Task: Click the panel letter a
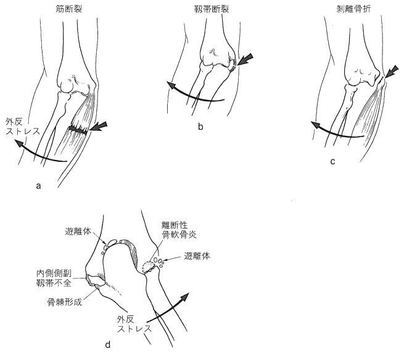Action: click(x=39, y=185)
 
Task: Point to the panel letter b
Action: click(x=200, y=127)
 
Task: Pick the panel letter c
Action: click(x=332, y=162)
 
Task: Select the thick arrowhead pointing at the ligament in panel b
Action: click(x=244, y=60)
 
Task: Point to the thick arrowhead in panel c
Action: click(x=390, y=73)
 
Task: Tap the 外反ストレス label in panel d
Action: click(x=134, y=324)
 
